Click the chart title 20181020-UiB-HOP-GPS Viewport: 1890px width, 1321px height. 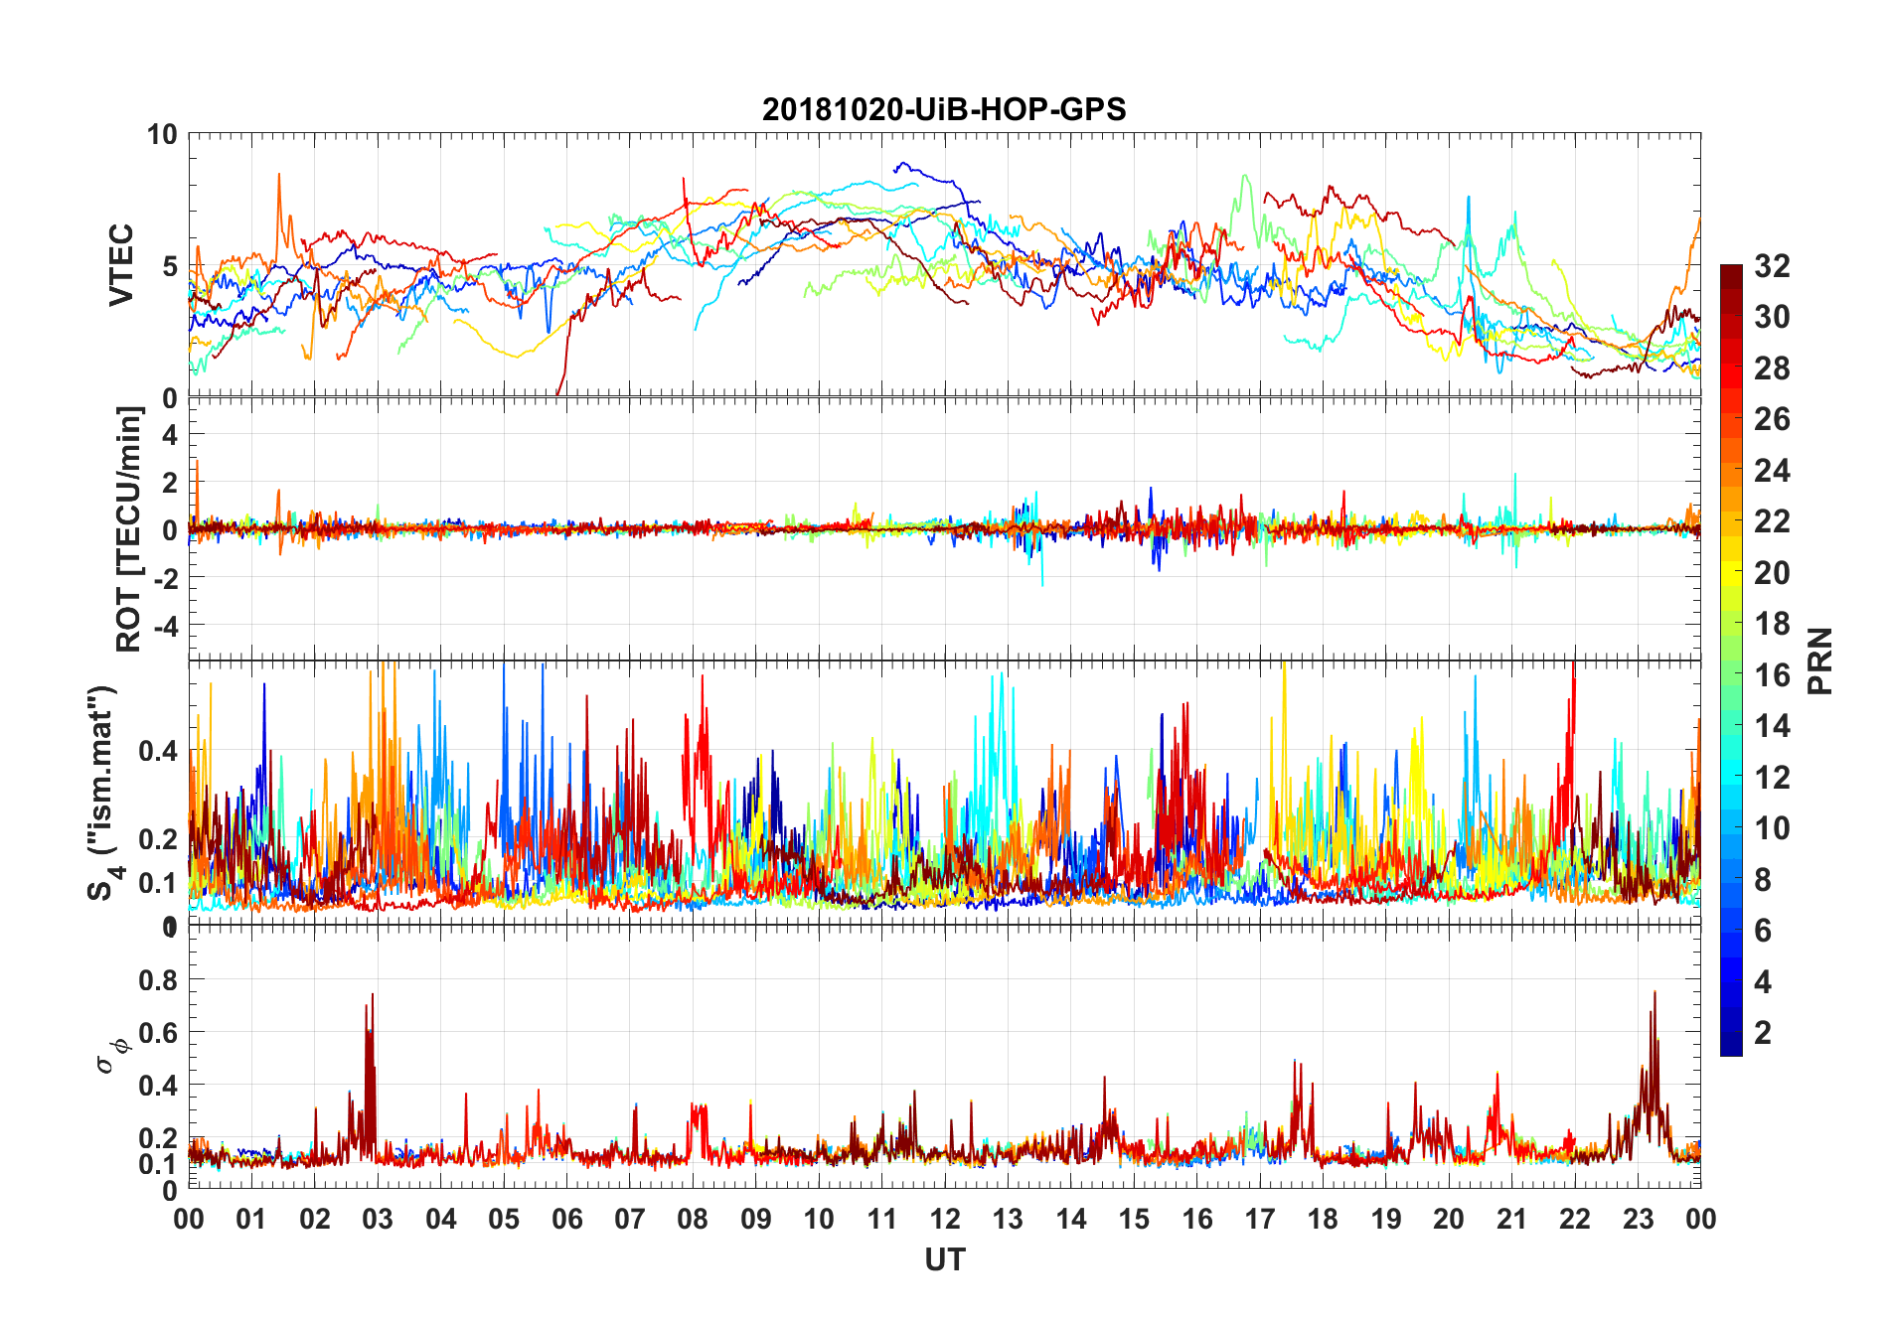pos(944,109)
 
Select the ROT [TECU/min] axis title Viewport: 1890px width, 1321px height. pos(129,528)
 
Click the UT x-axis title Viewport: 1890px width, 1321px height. pos(944,1259)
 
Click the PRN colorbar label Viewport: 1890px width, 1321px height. pos(1819,660)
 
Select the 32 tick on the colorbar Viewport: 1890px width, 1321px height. pos(1772,265)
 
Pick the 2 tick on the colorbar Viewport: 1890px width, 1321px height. pos(1763,1032)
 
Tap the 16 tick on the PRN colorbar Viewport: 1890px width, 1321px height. pos(1772,674)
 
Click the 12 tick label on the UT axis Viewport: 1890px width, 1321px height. pos(945,1219)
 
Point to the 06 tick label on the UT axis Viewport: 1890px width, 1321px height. pos(566,1219)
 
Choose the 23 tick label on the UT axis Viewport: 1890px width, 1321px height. pos(1638,1219)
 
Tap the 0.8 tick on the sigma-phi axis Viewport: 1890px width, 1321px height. pos(158,979)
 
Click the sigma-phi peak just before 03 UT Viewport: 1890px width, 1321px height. pos(372,994)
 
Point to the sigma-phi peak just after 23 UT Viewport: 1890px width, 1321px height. pos(1654,992)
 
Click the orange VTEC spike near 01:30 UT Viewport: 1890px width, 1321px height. pos(279,175)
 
